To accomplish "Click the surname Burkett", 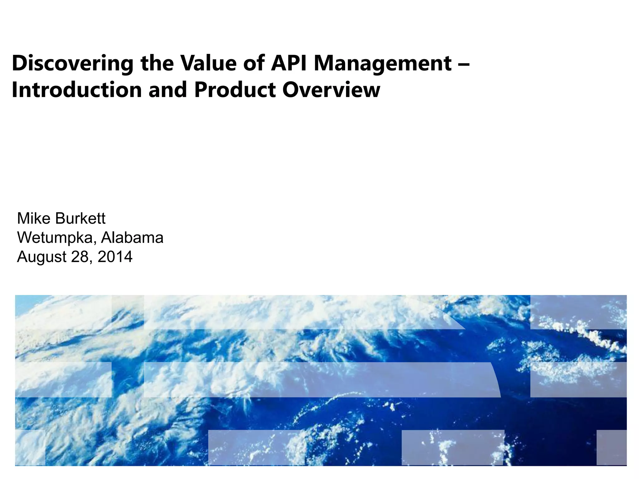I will (80, 218).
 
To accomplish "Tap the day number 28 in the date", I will (81, 256).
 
